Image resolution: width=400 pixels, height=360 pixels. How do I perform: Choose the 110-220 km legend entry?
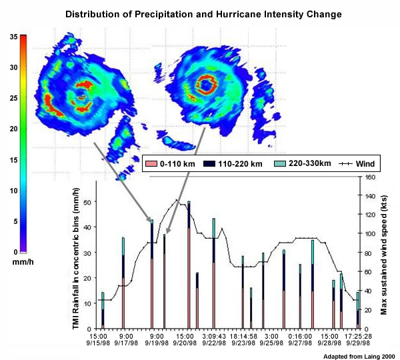(x=239, y=163)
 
